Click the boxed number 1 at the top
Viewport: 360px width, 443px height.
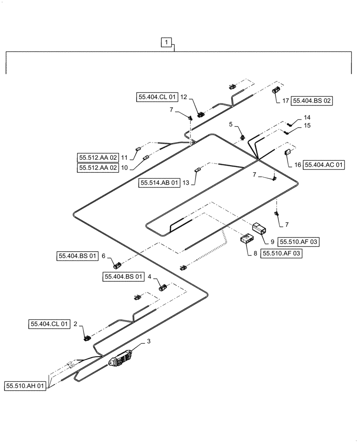pyautogui.click(x=166, y=43)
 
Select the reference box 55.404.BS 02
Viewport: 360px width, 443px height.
pyautogui.click(x=312, y=101)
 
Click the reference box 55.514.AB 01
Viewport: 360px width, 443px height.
pyautogui.click(x=160, y=183)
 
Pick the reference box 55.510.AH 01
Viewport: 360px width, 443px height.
pyautogui.click(x=26, y=386)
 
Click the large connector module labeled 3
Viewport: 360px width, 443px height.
pyautogui.click(x=122, y=359)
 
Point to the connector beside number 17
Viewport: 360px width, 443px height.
pyautogui.click(x=275, y=91)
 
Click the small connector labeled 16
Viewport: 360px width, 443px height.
pyautogui.click(x=286, y=153)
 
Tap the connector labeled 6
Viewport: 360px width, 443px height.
pyautogui.click(x=118, y=266)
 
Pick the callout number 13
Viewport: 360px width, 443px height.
pyautogui.click(x=186, y=183)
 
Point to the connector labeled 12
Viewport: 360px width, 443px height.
pyautogui.click(x=200, y=114)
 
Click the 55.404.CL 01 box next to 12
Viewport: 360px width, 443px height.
pyautogui.click(x=157, y=97)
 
